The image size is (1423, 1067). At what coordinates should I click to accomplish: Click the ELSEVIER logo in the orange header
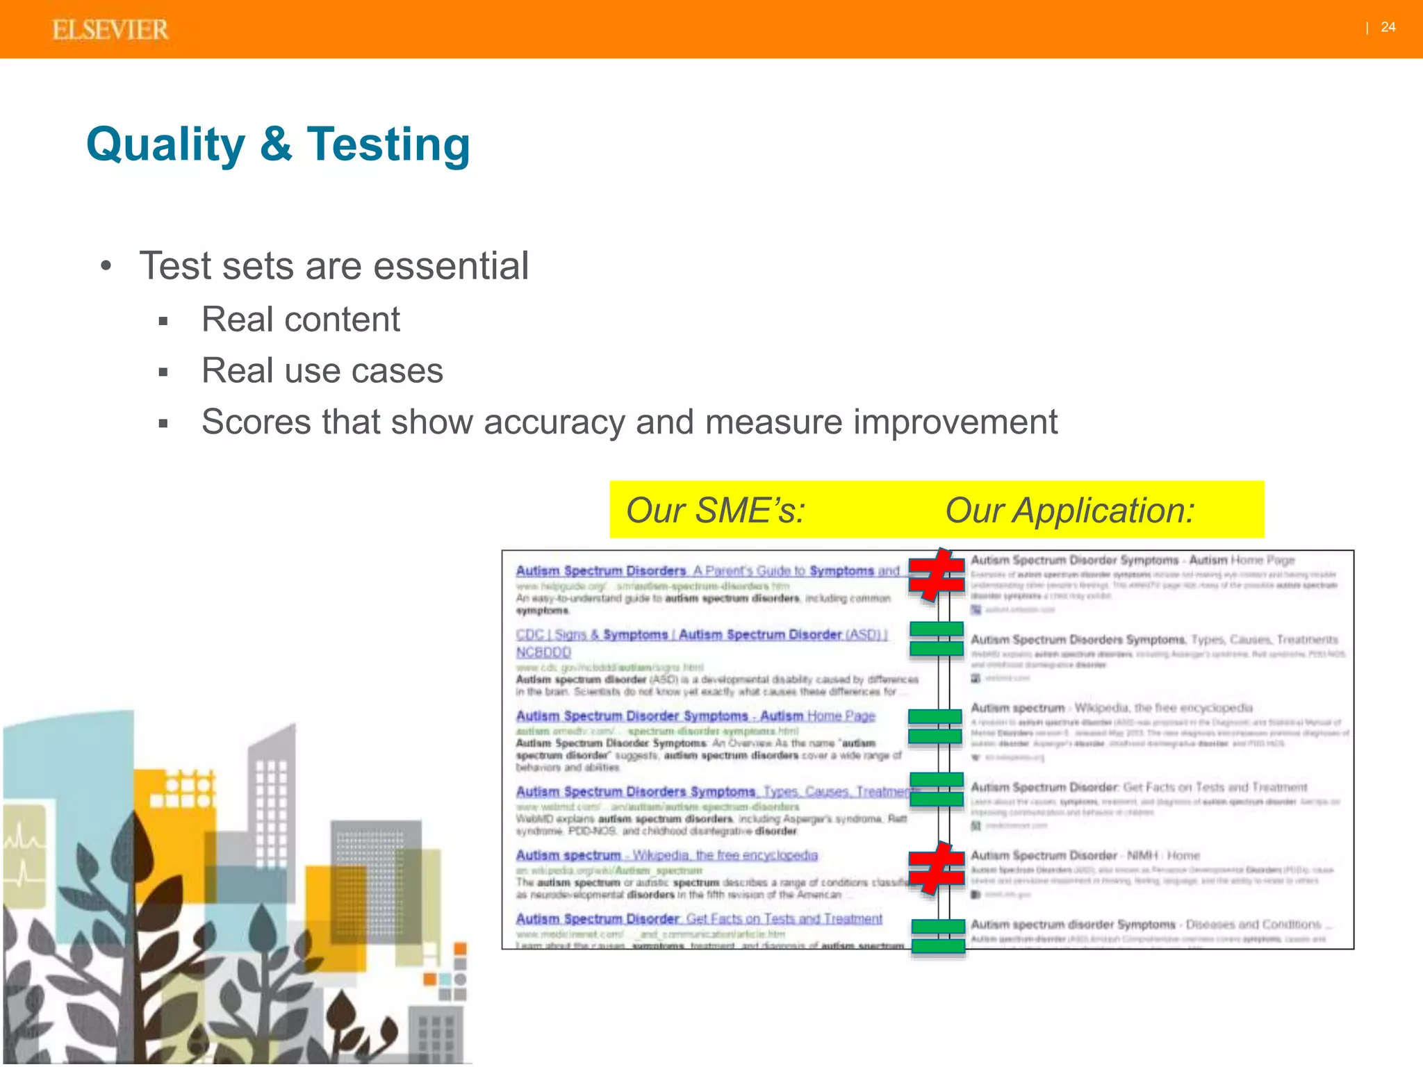[110, 30]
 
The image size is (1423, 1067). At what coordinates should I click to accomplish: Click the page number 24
[1388, 27]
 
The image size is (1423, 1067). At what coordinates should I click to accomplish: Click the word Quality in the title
[165, 144]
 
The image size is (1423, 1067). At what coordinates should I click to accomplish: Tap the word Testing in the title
[388, 144]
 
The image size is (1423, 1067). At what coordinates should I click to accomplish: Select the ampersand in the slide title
[276, 144]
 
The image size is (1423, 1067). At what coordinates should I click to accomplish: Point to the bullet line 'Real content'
[300, 320]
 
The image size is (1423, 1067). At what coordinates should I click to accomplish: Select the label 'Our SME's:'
[716, 511]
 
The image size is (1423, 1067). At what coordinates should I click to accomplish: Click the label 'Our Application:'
[1069, 511]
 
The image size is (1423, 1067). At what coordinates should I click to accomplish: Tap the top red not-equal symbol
[936, 575]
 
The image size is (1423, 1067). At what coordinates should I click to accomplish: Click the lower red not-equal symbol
[936, 868]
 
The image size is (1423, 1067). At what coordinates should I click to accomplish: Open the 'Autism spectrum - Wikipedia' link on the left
[666, 855]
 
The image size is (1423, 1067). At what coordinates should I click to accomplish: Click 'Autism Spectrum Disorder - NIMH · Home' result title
[1085, 856]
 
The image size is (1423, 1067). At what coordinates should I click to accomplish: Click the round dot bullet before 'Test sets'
[106, 267]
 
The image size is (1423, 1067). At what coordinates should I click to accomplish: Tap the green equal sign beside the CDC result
[936, 639]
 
